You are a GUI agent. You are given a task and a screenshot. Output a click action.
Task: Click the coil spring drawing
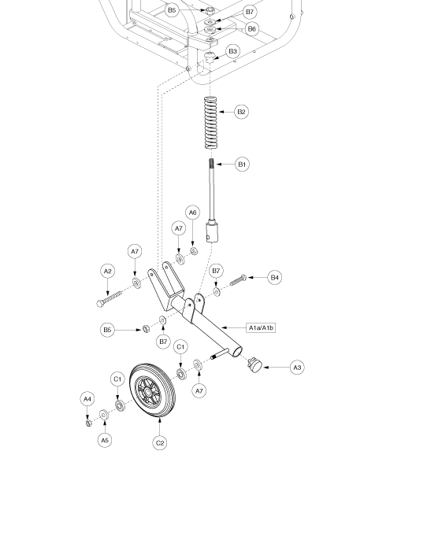coord(211,123)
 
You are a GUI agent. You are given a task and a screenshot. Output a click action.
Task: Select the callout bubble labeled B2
coord(242,112)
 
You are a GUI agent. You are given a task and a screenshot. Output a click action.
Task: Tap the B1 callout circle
coord(242,164)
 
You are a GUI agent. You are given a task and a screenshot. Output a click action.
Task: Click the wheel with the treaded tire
coord(153,390)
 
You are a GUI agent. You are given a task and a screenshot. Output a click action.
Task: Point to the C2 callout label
coord(160,443)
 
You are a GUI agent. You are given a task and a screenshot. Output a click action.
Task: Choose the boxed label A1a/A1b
coord(261,328)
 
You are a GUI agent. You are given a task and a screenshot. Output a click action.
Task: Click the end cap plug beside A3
coord(254,365)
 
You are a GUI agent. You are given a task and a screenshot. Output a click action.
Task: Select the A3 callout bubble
coord(297,368)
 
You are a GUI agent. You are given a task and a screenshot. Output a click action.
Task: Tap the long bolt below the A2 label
coord(110,299)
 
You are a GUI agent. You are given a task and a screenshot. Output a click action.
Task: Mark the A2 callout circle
coord(108,271)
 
